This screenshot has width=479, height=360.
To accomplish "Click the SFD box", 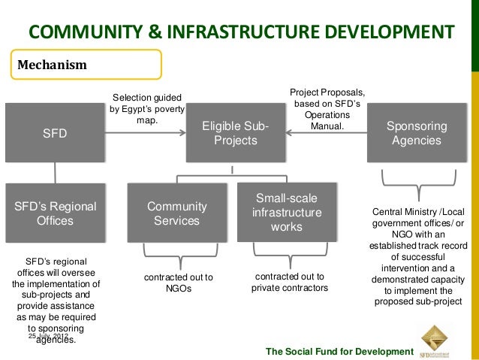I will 54,134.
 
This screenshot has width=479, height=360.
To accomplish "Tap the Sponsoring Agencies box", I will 416,134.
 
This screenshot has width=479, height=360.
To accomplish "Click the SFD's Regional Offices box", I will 54,213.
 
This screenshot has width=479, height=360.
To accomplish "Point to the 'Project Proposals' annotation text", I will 327,109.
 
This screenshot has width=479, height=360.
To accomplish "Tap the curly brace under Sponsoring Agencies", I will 416,180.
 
